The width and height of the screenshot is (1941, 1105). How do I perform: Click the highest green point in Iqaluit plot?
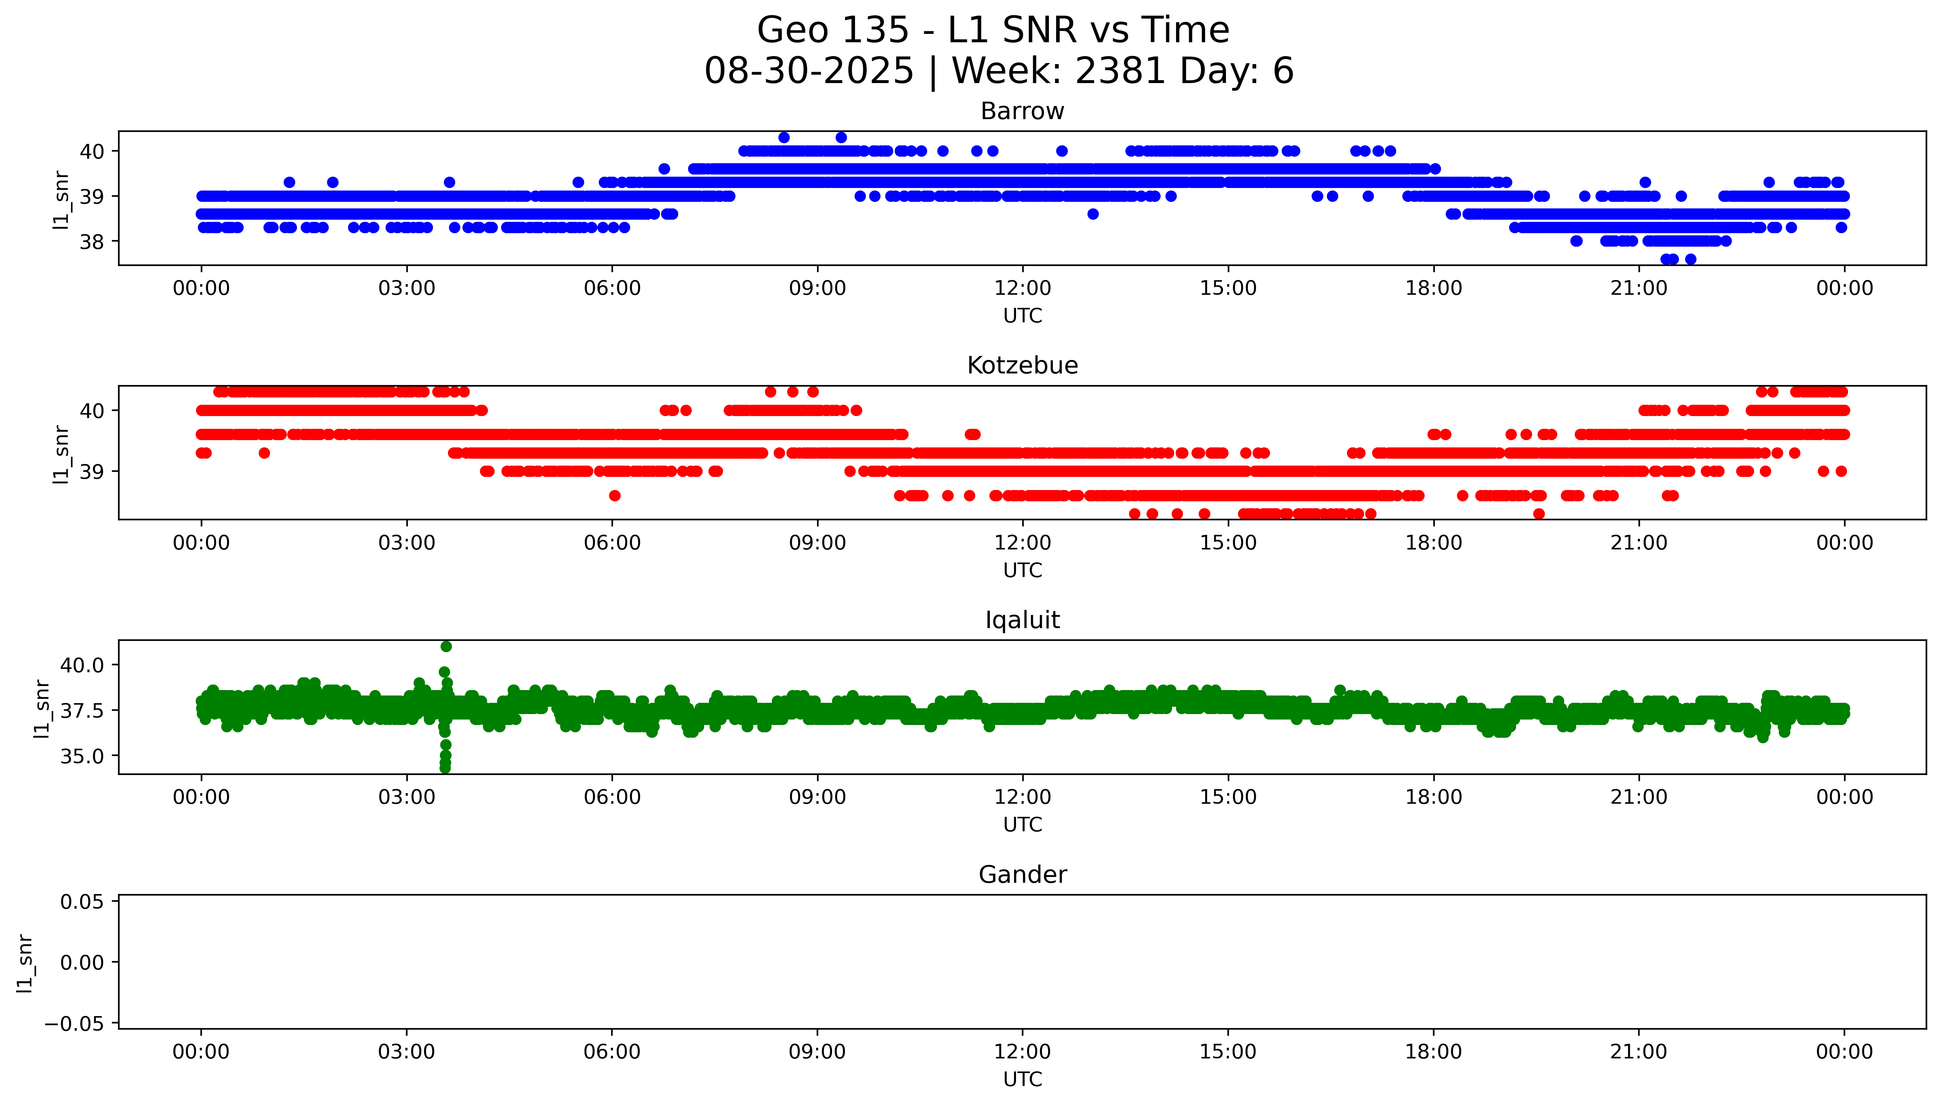(x=446, y=647)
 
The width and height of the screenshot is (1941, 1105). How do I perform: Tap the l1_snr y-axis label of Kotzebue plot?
(x=61, y=454)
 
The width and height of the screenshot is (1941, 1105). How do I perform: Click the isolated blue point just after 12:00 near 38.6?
(x=1092, y=214)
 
